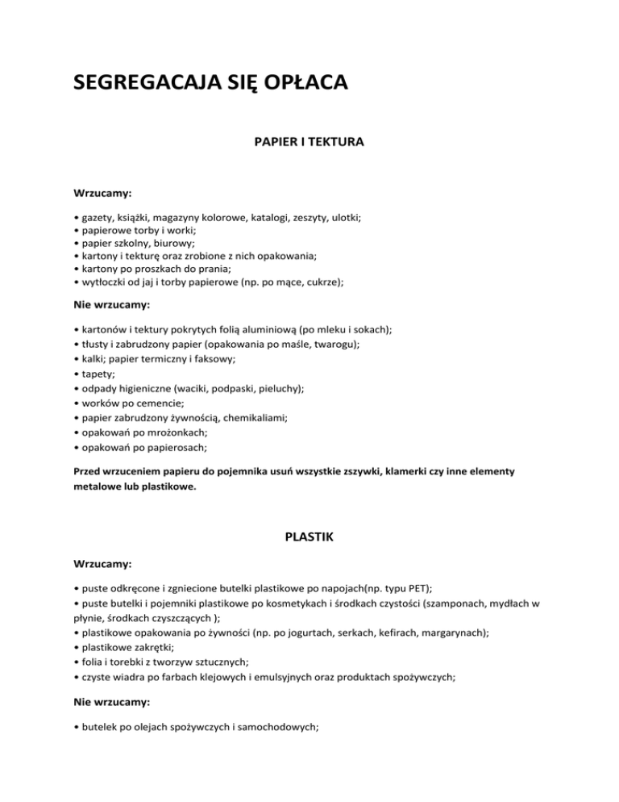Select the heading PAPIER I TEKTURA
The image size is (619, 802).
309,142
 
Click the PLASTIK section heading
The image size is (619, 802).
309,535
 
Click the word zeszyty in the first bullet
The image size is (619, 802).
305,217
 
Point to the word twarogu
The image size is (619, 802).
335,343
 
